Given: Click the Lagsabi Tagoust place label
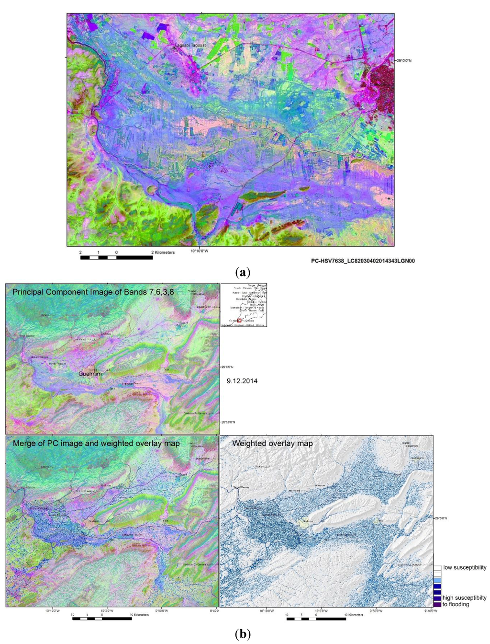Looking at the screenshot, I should click(x=190, y=45).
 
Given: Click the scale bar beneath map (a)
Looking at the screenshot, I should click(x=116, y=257).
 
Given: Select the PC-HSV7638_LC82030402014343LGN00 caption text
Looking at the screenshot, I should click(x=363, y=261).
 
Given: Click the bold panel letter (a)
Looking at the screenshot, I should click(x=243, y=273).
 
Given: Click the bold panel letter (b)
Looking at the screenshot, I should click(x=243, y=634).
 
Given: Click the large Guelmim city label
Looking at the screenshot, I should click(x=90, y=373).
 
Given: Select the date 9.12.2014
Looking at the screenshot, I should click(x=242, y=381).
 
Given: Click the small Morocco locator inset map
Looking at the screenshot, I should click(x=244, y=305).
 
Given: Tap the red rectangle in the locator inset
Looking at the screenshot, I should click(x=240, y=321).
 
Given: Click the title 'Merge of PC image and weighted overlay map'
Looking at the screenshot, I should click(x=96, y=443).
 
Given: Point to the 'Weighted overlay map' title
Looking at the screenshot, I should click(x=272, y=443).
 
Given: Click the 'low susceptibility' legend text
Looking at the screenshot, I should click(x=464, y=567).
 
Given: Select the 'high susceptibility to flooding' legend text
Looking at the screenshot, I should click(x=464, y=601).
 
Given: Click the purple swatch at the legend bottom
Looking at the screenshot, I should click(x=437, y=604).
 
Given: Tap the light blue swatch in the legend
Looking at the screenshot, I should click(x=437, y=580).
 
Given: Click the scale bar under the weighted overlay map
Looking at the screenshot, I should click(x=316, y=619).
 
